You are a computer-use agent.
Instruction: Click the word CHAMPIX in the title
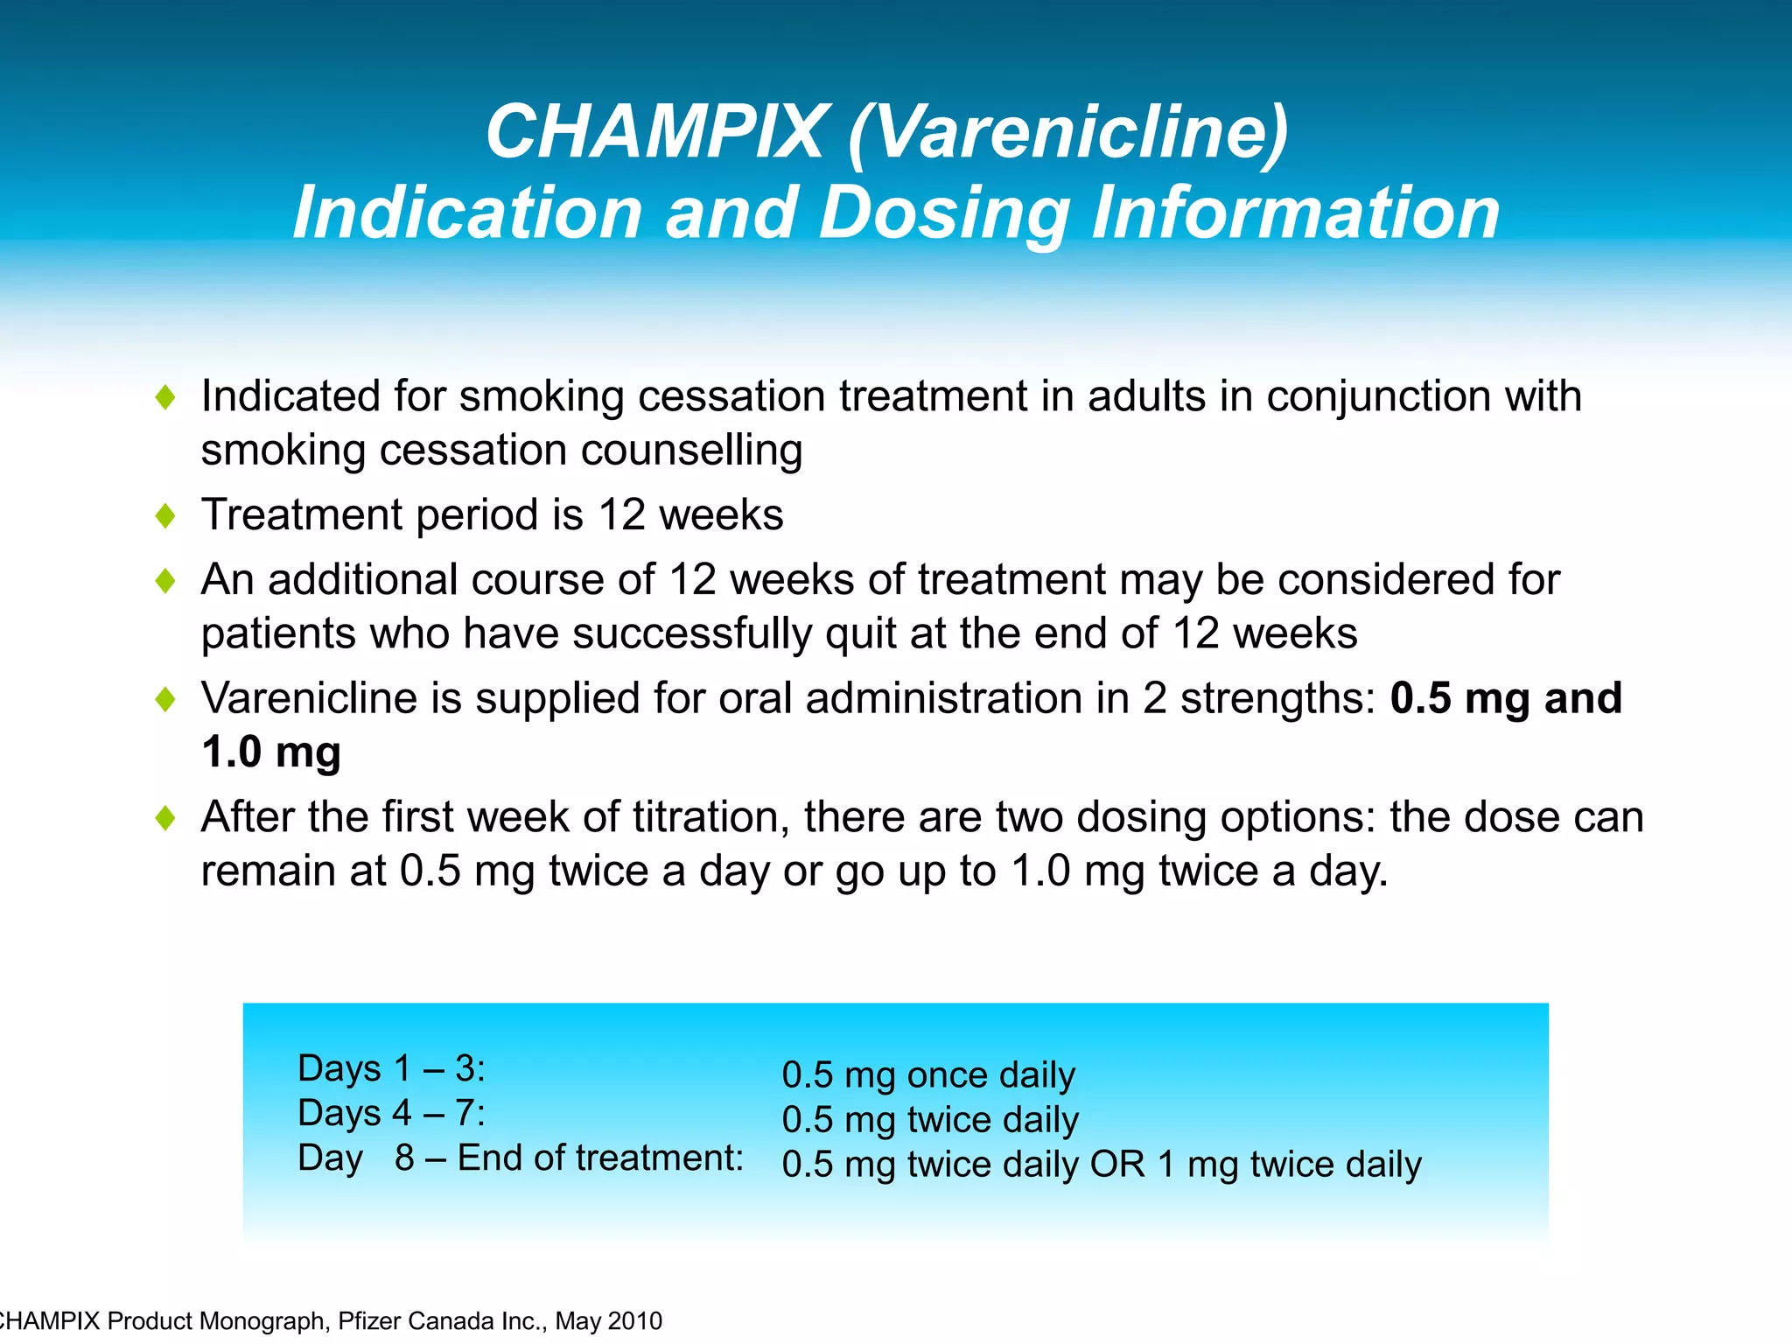click(654, 132)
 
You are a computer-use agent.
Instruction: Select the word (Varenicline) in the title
click(1068, 132)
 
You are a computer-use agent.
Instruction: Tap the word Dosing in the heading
click(944, 213)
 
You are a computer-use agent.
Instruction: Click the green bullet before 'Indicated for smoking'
click(164, 398)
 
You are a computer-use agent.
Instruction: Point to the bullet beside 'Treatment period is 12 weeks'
click(164, 515)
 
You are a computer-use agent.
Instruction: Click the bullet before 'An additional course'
click(164, 581)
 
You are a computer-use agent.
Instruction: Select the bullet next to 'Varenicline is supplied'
click(164, 699)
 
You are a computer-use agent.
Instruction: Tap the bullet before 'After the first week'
click(164, 818)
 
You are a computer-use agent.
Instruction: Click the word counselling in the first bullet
click(691, 451)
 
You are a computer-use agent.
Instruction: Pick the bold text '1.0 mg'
click(271, 752)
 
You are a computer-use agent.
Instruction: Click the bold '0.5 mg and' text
click(1506, 698)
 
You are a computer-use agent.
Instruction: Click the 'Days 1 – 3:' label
click(391, 1068)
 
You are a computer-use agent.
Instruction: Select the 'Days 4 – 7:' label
click(391, 1113)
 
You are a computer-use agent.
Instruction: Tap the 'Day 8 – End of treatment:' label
click(520, 1158)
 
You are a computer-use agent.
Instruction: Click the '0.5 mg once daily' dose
click(927, 1075)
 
